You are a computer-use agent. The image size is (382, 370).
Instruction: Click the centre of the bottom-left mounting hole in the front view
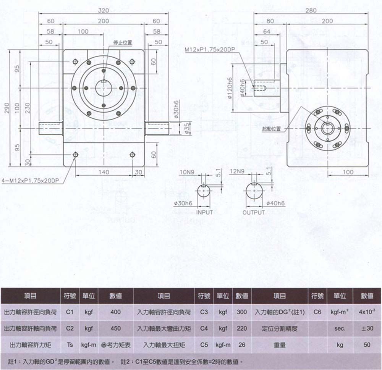pyautogui.click(x=76, y=155)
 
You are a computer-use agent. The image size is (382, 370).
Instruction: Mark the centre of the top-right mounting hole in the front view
pyautogui.click(x=132, y=61)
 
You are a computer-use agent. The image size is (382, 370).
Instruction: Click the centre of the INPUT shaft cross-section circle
pyautogui.click(x=204, y=191)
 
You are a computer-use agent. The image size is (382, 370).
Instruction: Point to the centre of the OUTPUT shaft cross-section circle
pyautogui.click(x=254, y=191)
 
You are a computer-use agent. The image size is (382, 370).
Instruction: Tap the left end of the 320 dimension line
pyautogui.click(x=39, y=14)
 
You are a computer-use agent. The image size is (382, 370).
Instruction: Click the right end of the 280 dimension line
pyautogui.click(x=367, y=14)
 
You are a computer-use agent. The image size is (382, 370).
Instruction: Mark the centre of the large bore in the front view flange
pyautogui.click(x=104, y=88)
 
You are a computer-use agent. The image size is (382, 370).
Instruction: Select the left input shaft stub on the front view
pyautogui.click(x=51, y=128)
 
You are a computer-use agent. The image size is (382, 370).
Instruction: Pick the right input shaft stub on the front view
pyautogui.click(x=157, y=128)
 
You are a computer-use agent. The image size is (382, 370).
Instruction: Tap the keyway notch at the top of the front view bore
pyautogui.click(x=104, y=81)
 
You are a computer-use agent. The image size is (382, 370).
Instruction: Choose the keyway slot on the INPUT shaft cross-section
pyautogui.click(x=204, y=186)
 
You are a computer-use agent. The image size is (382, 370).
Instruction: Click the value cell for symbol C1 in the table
pyautogui.click(x=115, y=312)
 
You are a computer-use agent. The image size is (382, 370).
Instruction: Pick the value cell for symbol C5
pyautogui.click(x=242, y=345)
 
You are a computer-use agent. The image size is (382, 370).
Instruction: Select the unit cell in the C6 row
pyautogui.click(x=340, y=312)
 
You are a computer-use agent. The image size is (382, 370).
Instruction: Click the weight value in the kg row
pyautogui.click(x=367, y=345)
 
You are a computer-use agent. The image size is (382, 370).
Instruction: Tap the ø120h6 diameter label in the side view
pyautogui.click(x=229, y=88)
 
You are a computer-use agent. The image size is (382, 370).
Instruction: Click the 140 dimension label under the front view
pyautogui.click(x=104, y=172)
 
